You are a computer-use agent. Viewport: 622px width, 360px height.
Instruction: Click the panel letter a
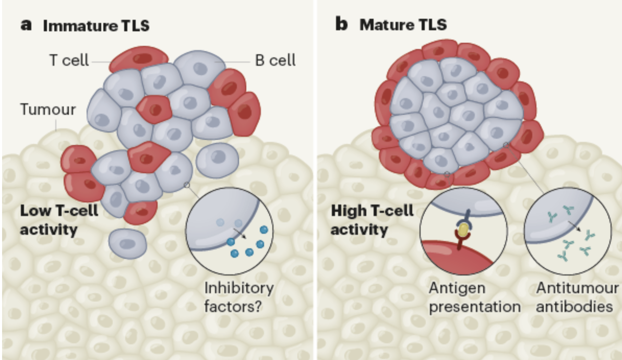coord(26,25)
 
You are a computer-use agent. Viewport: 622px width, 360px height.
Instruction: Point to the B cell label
coord(275,61)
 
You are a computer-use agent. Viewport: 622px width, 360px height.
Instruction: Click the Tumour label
coord(47,110)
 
